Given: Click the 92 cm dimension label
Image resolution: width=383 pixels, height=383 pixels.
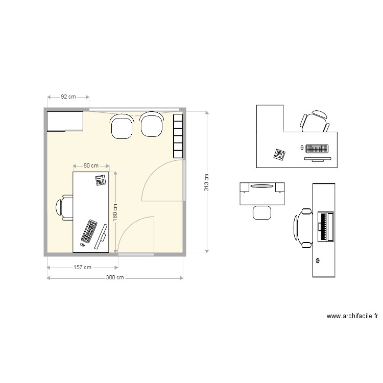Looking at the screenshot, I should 68,97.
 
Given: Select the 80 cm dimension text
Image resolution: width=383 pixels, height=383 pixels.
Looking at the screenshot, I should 91,166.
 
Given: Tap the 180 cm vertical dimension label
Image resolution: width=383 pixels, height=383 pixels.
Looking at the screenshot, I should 115,212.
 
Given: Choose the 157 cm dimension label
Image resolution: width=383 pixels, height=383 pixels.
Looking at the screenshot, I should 82,267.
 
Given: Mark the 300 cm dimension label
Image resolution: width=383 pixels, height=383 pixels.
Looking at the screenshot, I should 115,278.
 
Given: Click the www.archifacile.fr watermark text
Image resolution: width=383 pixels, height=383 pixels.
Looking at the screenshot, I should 352,317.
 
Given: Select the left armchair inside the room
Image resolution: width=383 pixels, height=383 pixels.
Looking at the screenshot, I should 123,126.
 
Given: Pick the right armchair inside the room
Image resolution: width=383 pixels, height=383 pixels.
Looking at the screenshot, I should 152,125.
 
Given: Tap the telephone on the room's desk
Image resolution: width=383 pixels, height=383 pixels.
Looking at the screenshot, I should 100,180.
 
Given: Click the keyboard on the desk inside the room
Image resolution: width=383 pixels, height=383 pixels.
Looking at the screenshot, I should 89,231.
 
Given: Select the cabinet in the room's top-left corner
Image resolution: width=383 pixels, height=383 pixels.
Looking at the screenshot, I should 65,122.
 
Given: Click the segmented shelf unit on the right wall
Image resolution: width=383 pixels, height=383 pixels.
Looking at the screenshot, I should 178,135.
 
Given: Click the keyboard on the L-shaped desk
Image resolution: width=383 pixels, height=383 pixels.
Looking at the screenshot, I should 317,149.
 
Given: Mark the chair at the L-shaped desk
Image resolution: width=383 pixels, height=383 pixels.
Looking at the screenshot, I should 315,122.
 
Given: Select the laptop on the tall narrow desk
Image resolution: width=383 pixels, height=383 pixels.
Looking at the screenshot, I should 325,227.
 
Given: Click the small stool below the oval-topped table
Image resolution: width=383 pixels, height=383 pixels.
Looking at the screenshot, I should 262,212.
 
